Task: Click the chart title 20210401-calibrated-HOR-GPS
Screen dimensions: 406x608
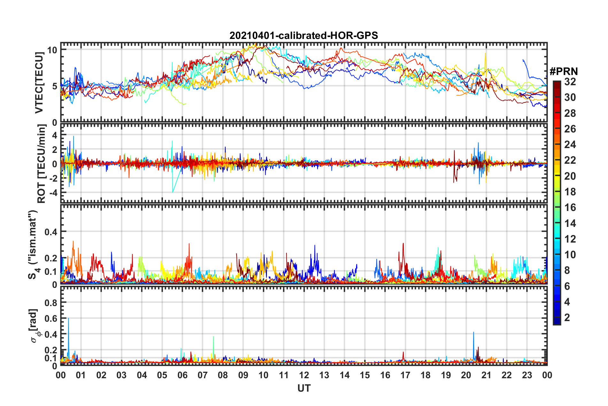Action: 304,35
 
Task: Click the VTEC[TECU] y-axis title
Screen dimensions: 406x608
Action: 39,83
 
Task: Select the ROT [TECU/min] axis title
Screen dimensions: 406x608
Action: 42,164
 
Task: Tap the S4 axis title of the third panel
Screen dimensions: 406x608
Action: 33,244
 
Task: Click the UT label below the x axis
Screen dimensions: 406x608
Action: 304,388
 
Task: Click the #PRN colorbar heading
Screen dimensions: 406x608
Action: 564,71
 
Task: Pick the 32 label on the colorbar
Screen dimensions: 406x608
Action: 570,82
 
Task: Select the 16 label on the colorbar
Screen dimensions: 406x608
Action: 570,208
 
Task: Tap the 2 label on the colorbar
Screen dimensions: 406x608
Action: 567,318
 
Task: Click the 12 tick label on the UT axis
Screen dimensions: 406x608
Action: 304,375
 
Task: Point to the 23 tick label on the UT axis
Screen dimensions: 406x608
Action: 527,375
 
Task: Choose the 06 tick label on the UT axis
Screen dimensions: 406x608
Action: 182,375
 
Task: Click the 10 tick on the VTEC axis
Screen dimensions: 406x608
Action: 52,50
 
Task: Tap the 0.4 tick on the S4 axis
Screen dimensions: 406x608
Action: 51,232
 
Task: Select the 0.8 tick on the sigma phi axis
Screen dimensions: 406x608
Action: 51,303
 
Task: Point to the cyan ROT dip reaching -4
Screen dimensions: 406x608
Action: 173,192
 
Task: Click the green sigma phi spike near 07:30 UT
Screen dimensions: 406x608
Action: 213,337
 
